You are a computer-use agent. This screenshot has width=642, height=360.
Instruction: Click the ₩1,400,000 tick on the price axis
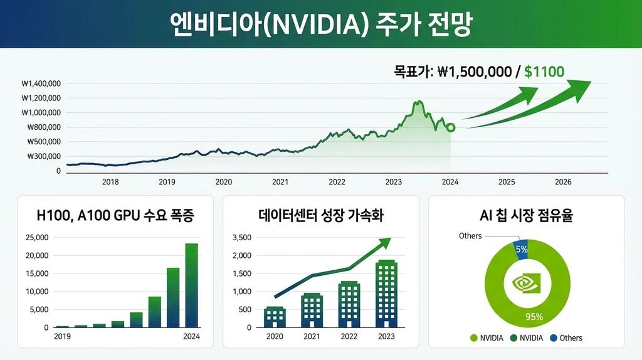[41, 83]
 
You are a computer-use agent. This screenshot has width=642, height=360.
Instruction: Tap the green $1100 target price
[544, 71]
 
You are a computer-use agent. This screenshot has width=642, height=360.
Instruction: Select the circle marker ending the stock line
[451, 127]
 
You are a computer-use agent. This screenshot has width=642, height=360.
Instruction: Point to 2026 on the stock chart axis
[563, 182]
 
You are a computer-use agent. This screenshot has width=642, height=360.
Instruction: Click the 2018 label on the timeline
[110, 182]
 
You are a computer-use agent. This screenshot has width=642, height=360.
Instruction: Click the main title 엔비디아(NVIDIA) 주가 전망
[320, 24]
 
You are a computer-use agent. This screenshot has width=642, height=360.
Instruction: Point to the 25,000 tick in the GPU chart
[36, 238]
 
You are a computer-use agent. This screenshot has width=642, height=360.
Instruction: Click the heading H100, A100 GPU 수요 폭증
[115, 217]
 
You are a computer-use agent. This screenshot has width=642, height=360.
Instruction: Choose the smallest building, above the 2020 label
[275, 317]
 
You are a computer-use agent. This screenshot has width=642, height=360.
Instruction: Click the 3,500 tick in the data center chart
[241, 238]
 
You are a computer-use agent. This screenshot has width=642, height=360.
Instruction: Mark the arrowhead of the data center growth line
[384, 241]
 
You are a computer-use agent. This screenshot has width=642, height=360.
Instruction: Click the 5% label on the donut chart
[521, 249]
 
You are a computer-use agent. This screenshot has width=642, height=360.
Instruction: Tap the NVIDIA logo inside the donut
[526, 283]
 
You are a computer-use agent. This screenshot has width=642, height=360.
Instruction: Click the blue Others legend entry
[566, 338]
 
